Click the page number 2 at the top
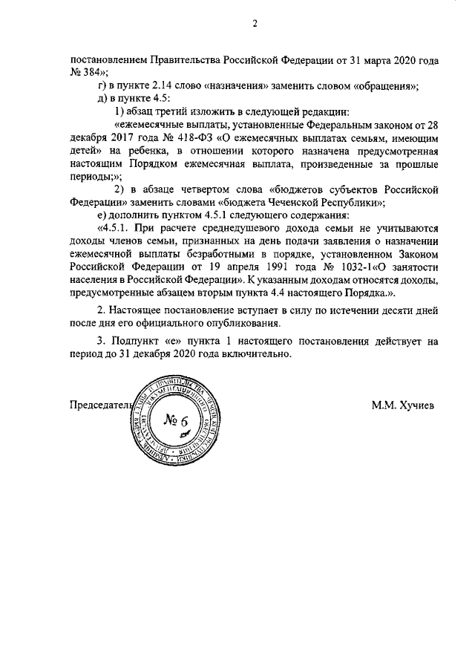254,23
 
